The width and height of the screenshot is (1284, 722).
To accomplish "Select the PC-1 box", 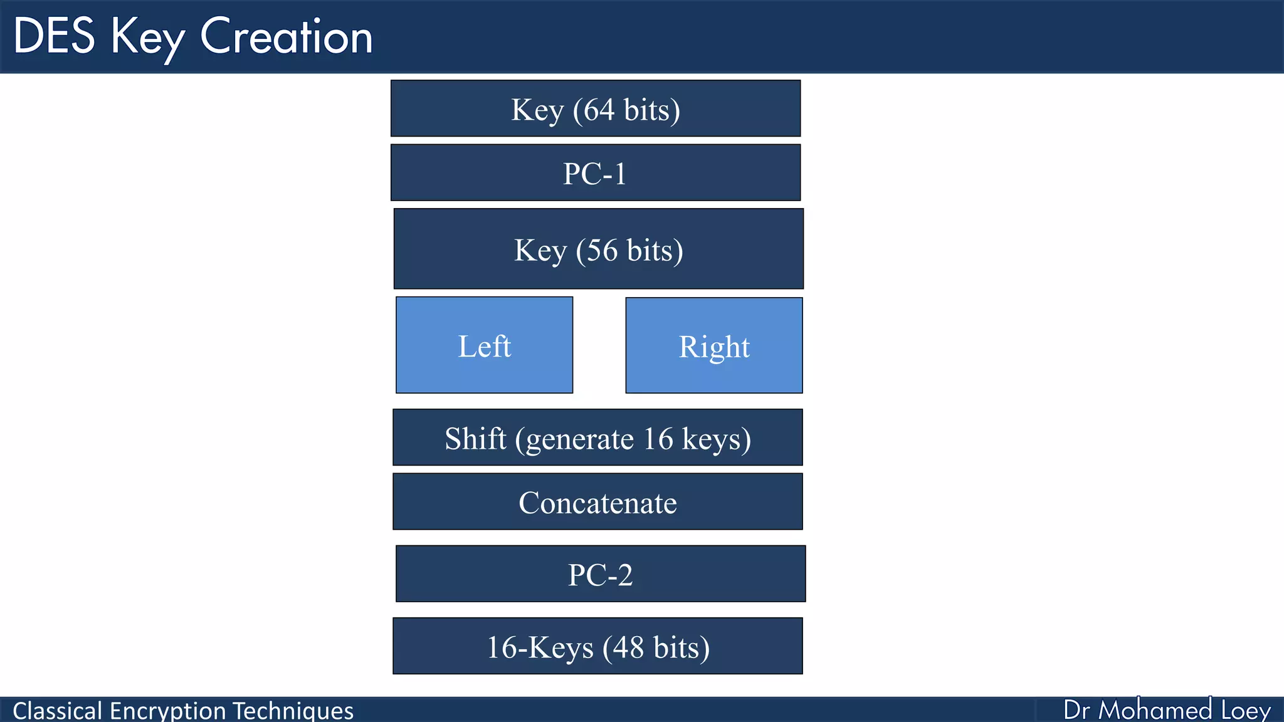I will coord(595,173).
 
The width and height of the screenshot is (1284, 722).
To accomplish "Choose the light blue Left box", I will coord(484,345).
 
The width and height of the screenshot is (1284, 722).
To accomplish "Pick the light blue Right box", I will coord(713,346).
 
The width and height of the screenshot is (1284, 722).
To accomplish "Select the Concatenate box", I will coord(597,502).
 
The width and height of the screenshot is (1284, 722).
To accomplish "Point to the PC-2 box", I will coord(600,574).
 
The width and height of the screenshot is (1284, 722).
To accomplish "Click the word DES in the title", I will coord(54,36).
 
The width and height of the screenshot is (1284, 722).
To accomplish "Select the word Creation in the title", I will coord(286,36).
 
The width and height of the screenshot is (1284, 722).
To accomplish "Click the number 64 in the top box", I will coord(599,110).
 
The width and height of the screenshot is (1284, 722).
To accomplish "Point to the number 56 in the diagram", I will coord(602,250).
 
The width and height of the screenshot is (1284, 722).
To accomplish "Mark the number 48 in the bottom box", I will coord(628,647).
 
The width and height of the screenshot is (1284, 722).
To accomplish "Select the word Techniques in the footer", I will coord(293,711).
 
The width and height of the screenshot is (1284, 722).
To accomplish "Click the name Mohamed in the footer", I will coord(1155,710).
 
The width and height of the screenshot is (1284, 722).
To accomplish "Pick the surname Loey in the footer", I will coord(1246,710).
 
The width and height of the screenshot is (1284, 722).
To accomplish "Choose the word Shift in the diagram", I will coord(475,438).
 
